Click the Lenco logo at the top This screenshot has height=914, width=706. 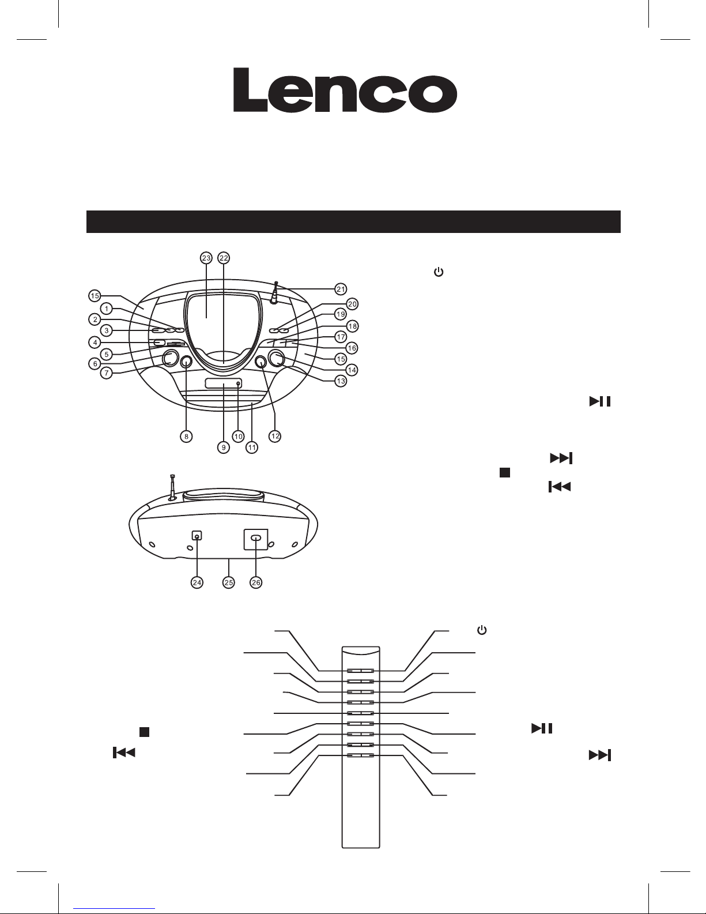tap(345, 90)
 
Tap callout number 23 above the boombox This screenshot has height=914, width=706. tap(206, 258)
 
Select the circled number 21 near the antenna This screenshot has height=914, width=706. tap(341, 289)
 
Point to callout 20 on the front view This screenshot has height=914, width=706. tap(352, 304)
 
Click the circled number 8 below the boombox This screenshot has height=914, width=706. tap(186, 437)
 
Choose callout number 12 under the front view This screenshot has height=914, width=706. tap(275, 436)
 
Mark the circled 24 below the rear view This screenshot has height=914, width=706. tap(197, 582)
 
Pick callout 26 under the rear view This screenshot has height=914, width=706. tap(256, 582)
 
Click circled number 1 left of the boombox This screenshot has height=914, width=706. tap(107, 309)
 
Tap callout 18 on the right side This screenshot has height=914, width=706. tap(352, 326)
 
